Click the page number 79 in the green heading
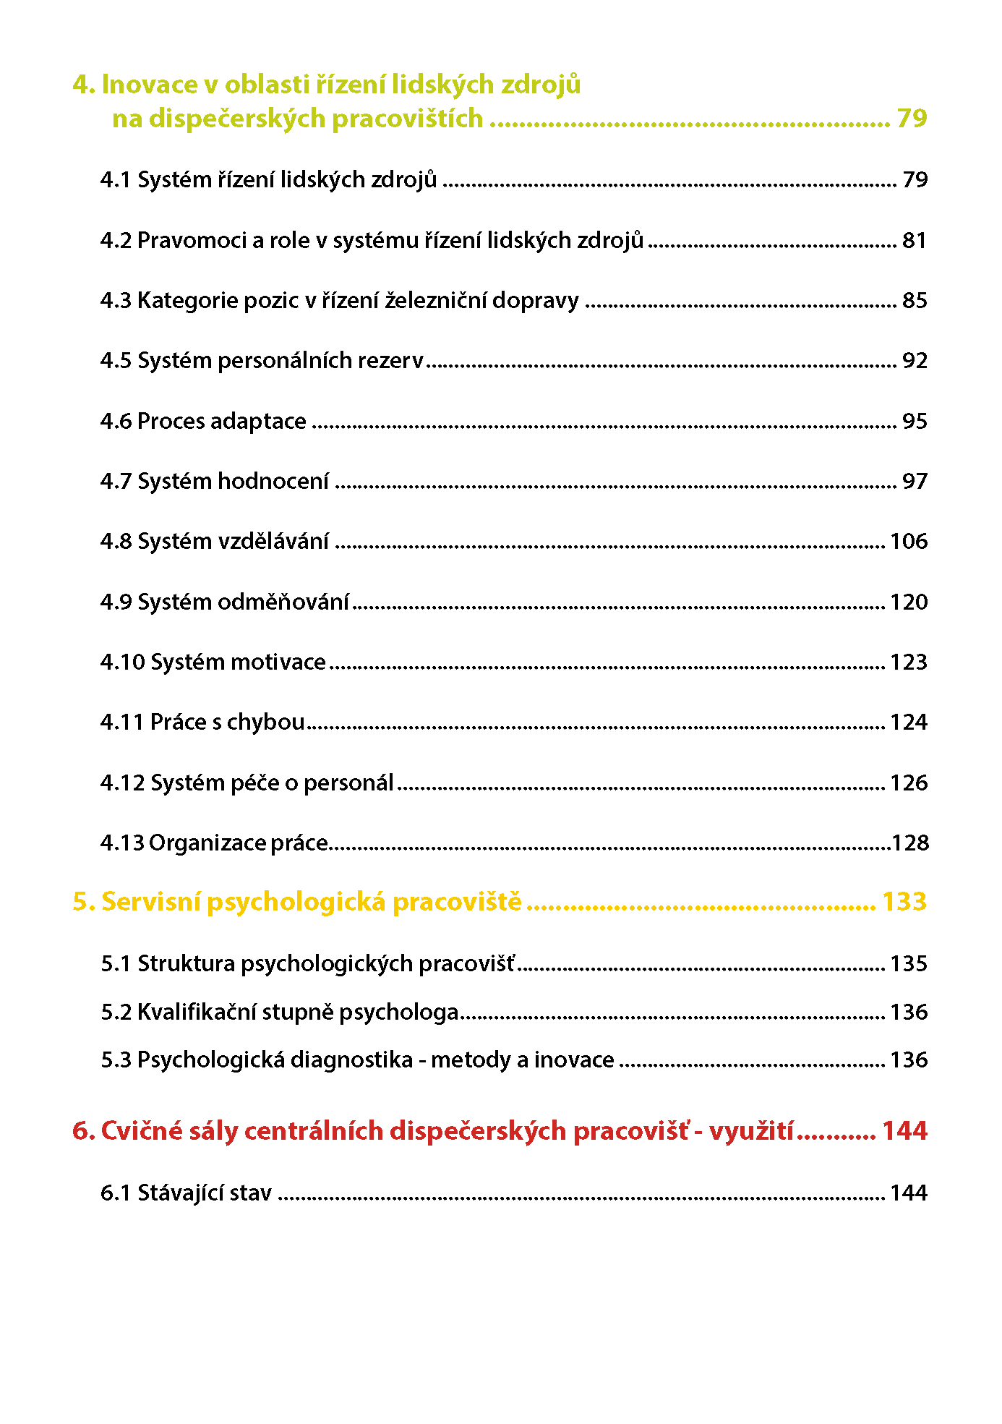pos(911,118)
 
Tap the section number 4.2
pos(116,240)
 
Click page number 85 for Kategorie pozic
pos(915,300)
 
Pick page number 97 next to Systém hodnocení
pos(915,481)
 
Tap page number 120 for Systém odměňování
pos(908,602)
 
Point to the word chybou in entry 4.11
pos(265,722)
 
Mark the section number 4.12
pos(122,783)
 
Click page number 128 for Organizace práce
pos(909,843)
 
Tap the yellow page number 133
pos(904,902)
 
